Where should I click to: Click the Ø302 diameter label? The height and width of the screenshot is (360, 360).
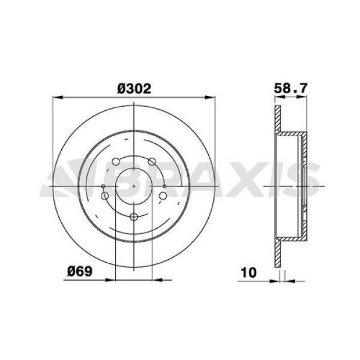(133, 87)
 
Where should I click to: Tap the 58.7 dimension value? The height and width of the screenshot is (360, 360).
(290, 88)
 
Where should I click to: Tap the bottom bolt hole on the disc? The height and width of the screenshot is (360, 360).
(134, 217)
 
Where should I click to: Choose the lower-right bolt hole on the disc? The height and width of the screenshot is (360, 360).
(163, 195)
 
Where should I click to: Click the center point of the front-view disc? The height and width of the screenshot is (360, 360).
(134, 186)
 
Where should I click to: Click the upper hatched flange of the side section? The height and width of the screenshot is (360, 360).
(277, 120)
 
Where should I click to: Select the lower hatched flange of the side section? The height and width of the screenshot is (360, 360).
(277, 252)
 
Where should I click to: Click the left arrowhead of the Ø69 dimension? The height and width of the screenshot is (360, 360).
(110, 278)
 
